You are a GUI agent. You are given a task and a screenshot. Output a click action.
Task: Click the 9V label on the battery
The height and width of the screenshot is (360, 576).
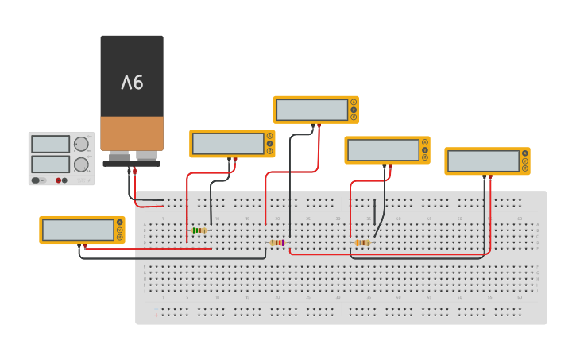[132, 82]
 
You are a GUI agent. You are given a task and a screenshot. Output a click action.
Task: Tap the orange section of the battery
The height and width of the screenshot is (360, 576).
[132, 133]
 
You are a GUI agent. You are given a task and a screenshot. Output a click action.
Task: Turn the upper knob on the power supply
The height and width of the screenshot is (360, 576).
[81, 144]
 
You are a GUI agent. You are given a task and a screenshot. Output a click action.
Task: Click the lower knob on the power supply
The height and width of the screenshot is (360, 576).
[81, 165]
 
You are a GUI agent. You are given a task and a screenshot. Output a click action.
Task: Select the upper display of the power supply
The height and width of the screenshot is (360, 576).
[50, 144]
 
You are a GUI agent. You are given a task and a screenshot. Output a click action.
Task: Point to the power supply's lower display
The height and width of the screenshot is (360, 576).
[50, 165]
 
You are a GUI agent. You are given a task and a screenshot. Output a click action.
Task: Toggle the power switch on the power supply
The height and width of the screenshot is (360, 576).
[37, 180]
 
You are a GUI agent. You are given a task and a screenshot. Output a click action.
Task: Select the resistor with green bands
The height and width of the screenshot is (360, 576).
[199, 230]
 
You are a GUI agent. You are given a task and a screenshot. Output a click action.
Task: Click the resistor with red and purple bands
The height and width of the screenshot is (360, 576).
[277, 242]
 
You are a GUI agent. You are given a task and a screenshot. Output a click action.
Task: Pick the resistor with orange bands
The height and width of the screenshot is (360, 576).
[362, 242]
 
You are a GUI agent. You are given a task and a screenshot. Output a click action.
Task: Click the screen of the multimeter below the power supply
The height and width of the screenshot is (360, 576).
[78, 230]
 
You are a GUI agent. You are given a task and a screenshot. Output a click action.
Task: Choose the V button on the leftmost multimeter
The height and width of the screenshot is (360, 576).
[120, 230]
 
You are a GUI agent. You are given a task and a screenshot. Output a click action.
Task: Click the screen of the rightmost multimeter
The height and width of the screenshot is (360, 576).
[483, 161]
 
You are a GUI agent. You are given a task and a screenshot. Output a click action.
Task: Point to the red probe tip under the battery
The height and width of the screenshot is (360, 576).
[135, 170]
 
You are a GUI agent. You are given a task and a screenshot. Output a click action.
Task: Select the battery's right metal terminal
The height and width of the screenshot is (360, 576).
[146, 156]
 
